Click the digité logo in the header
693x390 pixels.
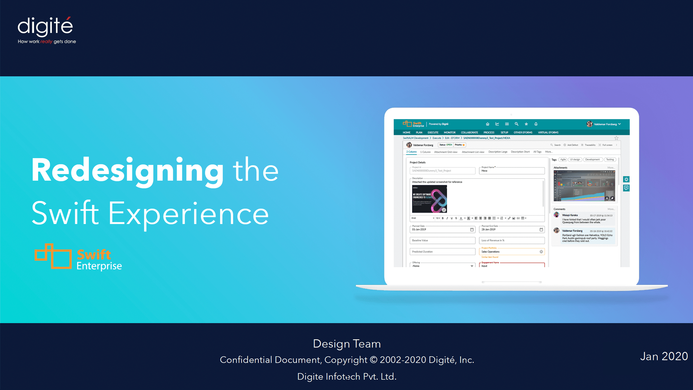tap(45, 27)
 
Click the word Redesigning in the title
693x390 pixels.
tap(128, 171)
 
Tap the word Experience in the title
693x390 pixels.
tap(188, 214)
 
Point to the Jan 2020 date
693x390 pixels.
tap(664, 356)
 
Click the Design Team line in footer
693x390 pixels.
tap(346, 344)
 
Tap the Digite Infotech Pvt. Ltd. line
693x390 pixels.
tap(346, 376)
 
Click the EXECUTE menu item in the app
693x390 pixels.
tap(433, 132)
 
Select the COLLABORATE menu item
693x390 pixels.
tap(469, 132)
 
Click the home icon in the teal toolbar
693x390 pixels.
tap(488, 124)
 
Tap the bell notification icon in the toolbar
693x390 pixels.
tap(536, 124)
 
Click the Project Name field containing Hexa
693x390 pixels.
tap(511, 171)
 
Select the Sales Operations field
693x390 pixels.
tap(509, 252)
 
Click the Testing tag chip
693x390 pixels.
tap(610, 159)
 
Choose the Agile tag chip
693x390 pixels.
tap(563, 159)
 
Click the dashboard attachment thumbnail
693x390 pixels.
tap(584, 186)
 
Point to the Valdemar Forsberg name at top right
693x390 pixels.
tap(605, 124)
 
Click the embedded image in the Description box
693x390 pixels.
tap(429, 199)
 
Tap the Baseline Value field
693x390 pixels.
tap(442, 241)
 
